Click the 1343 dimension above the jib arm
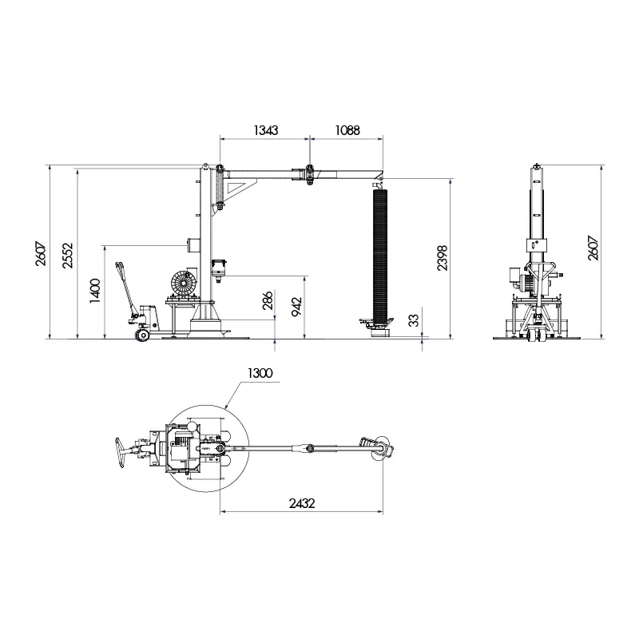(x=266, y=130)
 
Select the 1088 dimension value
(x=347, y=130)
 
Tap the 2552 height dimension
(x=68, y=256)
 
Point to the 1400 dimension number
(x=95, y=291)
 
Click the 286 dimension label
(x=268, y=301)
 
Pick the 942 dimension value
(x=296, y=307)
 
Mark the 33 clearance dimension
(x=414, y=321)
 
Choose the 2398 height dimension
(x=443, y=258)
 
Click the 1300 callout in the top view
(x=260, y=373)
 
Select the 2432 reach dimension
(x=302, y=504)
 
